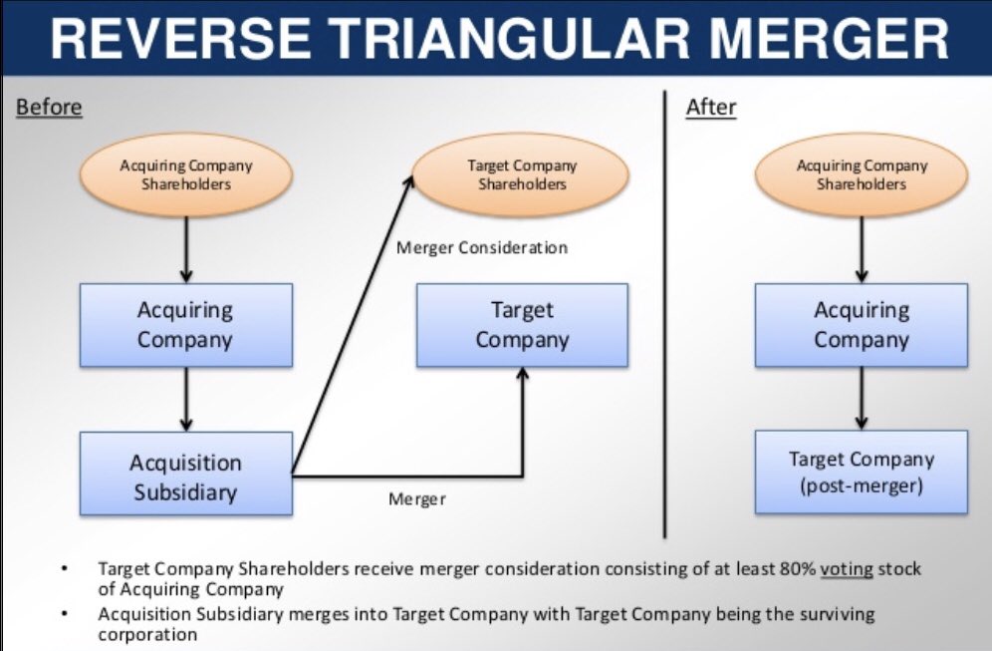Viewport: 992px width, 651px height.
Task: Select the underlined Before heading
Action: pos(49,107)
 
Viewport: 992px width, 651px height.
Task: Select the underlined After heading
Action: pos(711,107)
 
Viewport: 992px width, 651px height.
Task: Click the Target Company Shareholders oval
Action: pos(522,175)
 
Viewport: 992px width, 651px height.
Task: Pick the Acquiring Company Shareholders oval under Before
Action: pos(186,175)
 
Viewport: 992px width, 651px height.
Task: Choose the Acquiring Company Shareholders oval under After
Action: pos(862,175)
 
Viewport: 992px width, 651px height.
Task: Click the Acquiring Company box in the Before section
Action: pos(186,325)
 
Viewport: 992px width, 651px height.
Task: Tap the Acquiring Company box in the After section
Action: pos(862,325)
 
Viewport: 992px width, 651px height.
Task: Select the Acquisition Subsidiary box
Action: pos(186,477)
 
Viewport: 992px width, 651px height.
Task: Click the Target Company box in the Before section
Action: pos(522,325)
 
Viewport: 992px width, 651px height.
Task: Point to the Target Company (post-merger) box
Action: pos(862,473)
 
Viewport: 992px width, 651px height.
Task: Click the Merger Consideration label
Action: pos(482,247)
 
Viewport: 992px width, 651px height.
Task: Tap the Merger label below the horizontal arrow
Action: pos(417,498)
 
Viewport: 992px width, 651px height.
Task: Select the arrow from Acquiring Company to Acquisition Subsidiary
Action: pos(186,399)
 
